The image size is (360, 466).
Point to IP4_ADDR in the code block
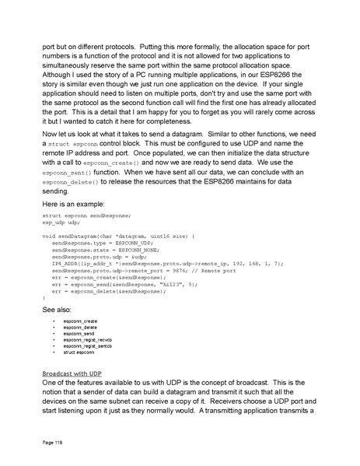(65, 264)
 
